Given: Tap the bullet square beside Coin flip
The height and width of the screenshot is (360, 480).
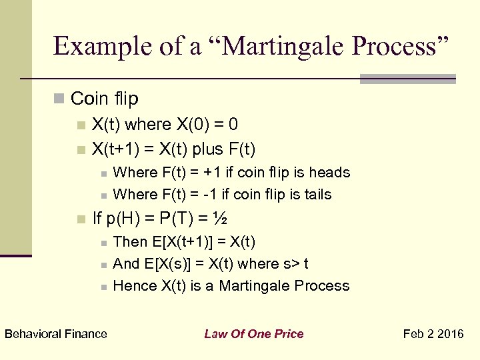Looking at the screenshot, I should tap(59, 99).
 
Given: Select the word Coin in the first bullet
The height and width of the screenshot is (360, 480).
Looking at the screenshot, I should tap(87, 99).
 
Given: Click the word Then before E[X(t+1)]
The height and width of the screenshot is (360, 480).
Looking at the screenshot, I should tap(131, 241).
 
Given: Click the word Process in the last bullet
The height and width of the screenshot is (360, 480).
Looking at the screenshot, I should tap(325, 286).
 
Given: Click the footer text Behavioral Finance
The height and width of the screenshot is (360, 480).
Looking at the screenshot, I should tap(56, 334).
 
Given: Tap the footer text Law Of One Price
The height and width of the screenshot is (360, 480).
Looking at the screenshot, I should tap(253, 334).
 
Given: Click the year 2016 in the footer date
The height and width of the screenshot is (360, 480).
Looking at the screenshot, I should tap(451, 334).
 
